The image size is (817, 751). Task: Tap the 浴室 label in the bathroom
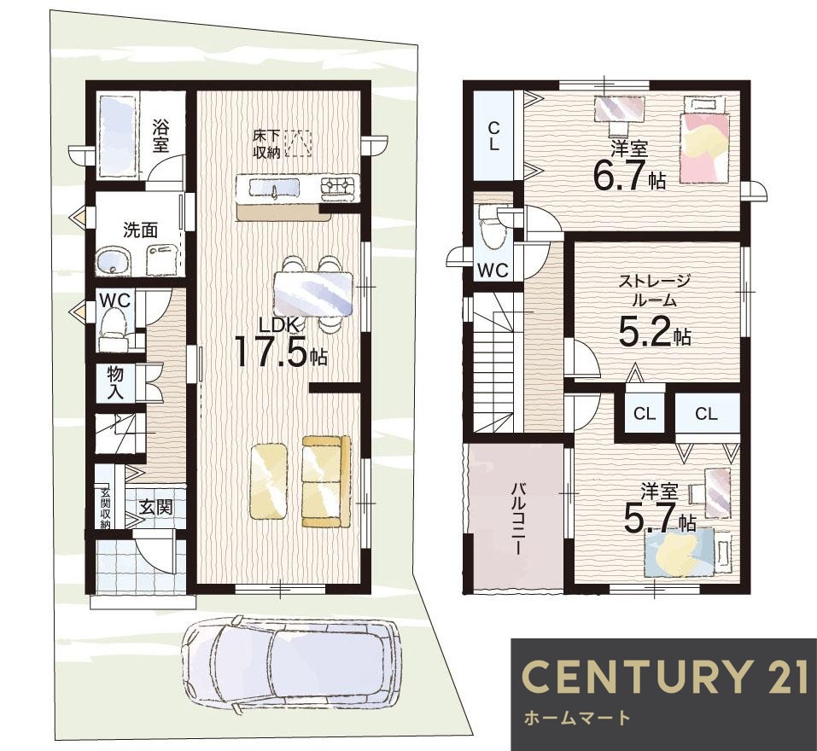coord(160,136)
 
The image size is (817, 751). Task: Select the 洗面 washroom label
coord(140,230)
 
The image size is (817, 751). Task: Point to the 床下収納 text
coord(266,144)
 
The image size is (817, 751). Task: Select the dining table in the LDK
coord(313,294)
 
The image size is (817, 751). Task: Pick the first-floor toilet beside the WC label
coord(114,328)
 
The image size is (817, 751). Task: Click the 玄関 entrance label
coord(155,506)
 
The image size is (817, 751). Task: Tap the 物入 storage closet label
coord(115,382)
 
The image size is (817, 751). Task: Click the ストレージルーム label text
coord(654,291)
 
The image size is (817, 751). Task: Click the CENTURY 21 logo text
coord(665,676)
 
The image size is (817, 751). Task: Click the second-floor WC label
coord(493,270)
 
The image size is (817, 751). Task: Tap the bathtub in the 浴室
coord(117,137)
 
